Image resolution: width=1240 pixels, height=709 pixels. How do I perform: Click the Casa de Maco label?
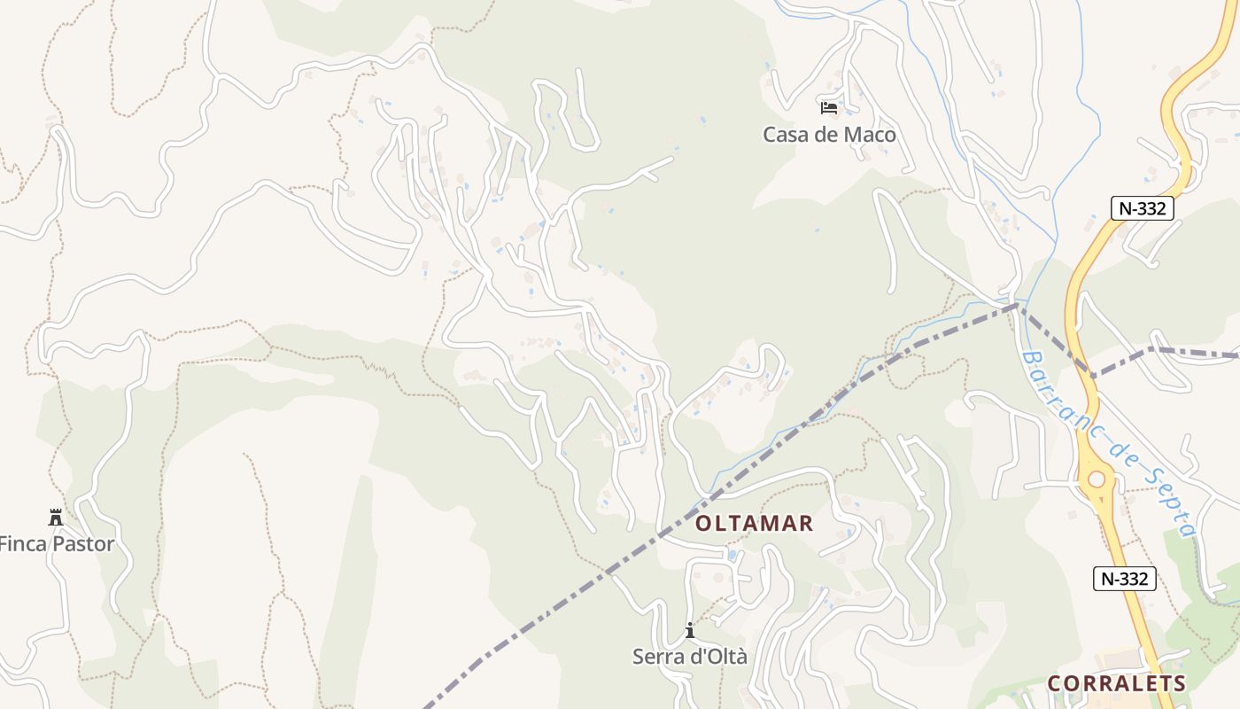(829, 135)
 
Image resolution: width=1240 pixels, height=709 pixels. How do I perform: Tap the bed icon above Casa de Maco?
(829, 108)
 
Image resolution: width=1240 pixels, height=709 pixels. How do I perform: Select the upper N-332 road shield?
(1143, 208)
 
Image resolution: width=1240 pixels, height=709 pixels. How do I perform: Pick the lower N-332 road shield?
(1124, 579)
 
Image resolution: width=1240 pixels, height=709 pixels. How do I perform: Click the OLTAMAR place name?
(754, 523)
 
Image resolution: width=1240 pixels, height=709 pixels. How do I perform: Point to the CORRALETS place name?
(1116, 683)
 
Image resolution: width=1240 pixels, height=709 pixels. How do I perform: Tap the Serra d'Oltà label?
(689, 657)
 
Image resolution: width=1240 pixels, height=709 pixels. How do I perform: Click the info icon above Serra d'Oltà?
(690, 631)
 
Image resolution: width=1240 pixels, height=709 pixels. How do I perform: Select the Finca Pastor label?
(57, 543)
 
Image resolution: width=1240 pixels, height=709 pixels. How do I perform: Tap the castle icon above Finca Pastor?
(56, 517)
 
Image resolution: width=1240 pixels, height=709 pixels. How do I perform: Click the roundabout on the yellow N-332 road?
(1097, 479)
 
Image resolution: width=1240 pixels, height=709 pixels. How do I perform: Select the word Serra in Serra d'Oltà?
(656, 657)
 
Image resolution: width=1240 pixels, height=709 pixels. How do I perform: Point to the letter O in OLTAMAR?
(703, 523)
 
